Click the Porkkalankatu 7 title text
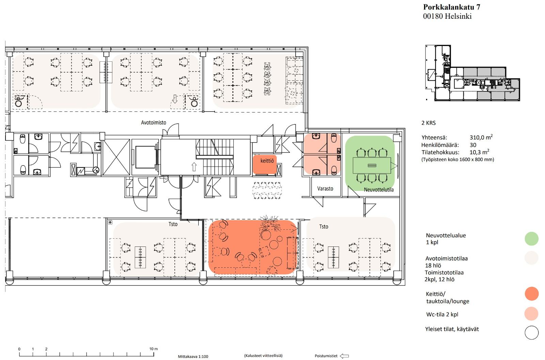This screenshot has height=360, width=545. pyautogui.click(x=452, y=7)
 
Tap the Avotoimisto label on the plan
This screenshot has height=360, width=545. pyautogui.click(x=154, y=122)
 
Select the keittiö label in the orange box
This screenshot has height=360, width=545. pyautogui.click(x=267, y=161)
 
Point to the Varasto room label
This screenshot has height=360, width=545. pyautogui.click(x=325, y=189)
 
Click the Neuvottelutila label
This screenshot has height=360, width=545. pyautogui.click(x=378, y=190)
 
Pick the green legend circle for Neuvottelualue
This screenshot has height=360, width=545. pyautogui.click(x=532, y=238)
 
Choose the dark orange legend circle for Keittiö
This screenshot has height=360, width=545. pyautogui.click(x=532, y=294)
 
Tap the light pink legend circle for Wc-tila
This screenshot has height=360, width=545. pyautogui.click(x=532, y=314)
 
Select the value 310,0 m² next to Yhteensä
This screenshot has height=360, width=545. pyautogui.click(x=481, y=137)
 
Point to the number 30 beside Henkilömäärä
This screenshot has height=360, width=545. pyautogui.click(x=473, y=145)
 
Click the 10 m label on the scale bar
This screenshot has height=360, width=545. pyautogui.click(x=154, y=349)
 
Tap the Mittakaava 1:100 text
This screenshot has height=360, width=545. pyautogui.click(x=193, y=356)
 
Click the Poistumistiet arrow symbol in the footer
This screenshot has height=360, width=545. pyautogui.click(x=344, y=356)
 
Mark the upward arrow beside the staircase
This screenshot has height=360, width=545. pyautogui.click(x=194, y=167)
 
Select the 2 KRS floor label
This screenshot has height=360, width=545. pyautogui.click(x=429, y=123)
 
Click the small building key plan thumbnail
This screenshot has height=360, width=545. pyautogui.click(x=472, y=73)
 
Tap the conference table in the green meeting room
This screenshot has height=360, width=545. pyautogui.click(x=372, y=166)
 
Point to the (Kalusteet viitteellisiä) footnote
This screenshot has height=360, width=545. pyautogui.click(x=263, y=356)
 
